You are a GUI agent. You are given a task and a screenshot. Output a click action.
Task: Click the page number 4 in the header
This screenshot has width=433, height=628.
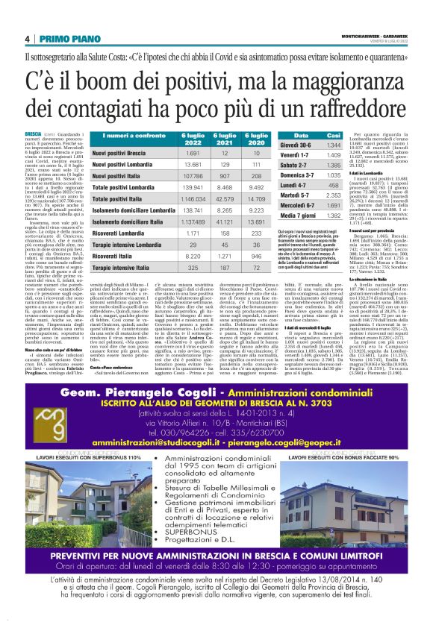(x=27, y=39)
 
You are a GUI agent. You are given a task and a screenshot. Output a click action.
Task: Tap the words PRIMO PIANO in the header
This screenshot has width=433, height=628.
(x=66, y=39)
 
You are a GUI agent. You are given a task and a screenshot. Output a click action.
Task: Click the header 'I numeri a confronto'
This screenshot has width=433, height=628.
(x=113, y=136)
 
